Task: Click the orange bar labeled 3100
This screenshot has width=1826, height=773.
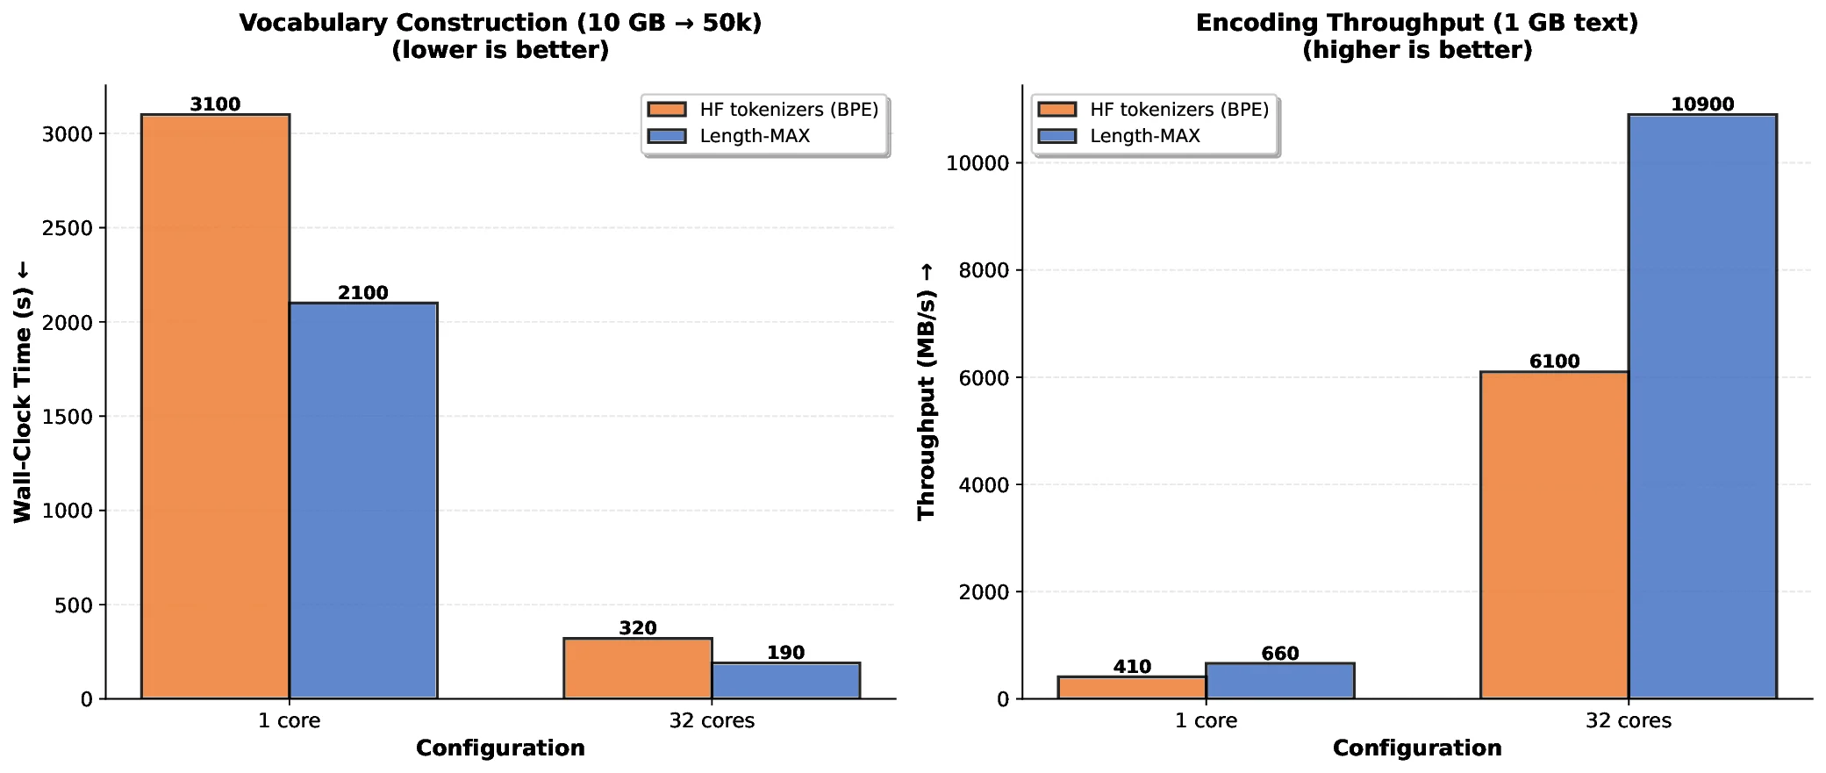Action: (215, 406)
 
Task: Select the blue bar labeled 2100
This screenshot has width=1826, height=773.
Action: (362, 500)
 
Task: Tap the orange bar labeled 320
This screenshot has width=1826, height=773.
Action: (637, 669)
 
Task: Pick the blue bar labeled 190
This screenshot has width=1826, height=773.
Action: (785, 681)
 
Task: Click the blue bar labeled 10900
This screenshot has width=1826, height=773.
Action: (1701, 406)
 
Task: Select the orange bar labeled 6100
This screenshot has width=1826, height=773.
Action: (1554, 535)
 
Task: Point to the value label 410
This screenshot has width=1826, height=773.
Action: (1132, 667)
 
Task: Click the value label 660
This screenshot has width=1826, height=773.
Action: (1279, 654)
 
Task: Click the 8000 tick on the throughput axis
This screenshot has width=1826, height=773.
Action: (984, 270)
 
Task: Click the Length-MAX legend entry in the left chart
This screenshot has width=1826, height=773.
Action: (755, 136)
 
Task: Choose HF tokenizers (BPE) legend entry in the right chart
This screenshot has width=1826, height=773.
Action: (1178, 110)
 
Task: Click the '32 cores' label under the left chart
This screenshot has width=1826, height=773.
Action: (712, 721)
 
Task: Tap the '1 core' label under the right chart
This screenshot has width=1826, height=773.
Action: (1206, 721)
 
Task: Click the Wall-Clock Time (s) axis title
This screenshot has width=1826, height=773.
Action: (23, 392)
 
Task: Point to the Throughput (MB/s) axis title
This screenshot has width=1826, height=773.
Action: (926, 392)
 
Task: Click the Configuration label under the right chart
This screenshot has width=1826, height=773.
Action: (1417, 748)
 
